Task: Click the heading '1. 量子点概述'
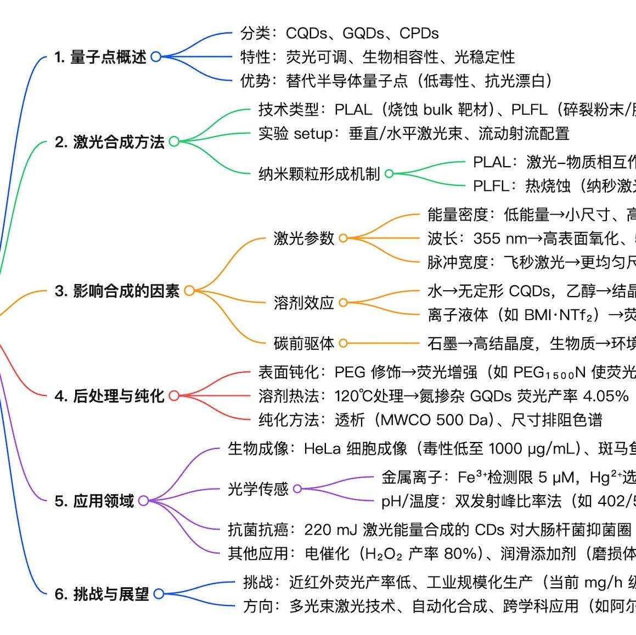pos(100,56)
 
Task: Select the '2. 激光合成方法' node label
pos(109,142)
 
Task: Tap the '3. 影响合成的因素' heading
pos(117,291)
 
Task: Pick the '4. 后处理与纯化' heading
pos(109,395)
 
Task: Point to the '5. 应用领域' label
pos(94,501)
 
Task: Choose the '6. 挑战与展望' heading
pos(102,594)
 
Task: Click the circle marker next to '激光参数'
pos(343,238)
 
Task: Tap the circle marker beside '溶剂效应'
pos(343,302)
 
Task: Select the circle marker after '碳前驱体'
pos(343,343)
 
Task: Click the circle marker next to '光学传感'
pos(297,488)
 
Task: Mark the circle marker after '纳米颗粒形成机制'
pos(389,174)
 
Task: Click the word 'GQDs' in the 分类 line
pos(363,33)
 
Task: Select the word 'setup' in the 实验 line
pos(313,133)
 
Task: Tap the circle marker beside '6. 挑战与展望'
pos(159,594)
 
